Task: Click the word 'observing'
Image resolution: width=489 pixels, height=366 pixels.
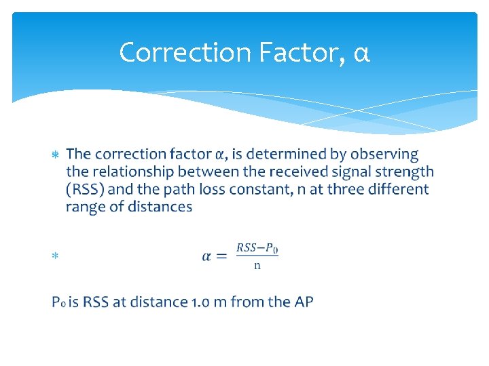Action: point(384,155)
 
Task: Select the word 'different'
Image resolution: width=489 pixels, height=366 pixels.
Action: point(399,190)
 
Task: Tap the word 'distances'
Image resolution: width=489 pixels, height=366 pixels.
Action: point(159,207)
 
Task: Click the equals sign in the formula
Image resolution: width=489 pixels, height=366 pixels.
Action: point(222,256)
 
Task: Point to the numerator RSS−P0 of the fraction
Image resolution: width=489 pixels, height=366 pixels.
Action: point(257,248)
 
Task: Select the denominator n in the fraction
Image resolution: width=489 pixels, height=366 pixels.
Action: point(257,266)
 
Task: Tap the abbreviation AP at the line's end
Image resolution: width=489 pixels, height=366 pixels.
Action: point(302,302)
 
